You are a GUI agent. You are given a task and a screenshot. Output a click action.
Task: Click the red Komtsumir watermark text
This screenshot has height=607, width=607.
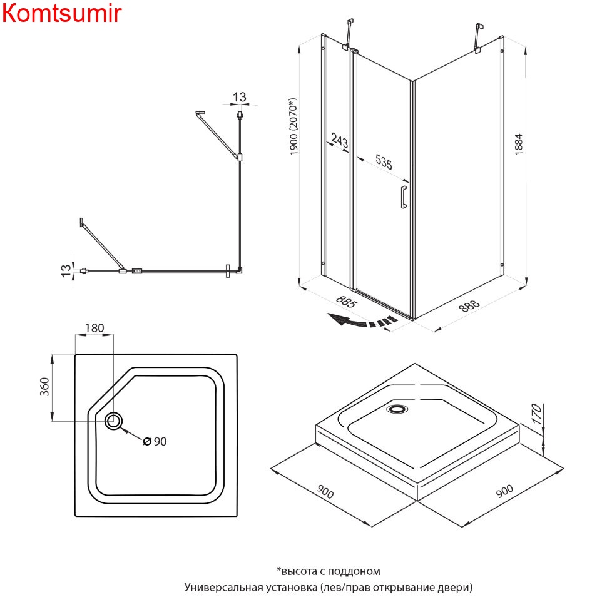61,13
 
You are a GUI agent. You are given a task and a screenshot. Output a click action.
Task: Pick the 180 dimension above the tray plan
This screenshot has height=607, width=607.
94,328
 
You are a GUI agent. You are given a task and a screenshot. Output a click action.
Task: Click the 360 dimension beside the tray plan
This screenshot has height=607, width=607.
44,388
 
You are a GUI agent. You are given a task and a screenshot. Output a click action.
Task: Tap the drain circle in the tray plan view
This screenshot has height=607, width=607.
114,421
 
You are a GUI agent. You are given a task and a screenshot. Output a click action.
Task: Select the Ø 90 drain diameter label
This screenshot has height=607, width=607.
155,441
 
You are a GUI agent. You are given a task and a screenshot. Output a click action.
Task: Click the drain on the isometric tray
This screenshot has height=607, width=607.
397,409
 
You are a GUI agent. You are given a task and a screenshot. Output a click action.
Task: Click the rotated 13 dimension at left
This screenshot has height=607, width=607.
64,271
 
